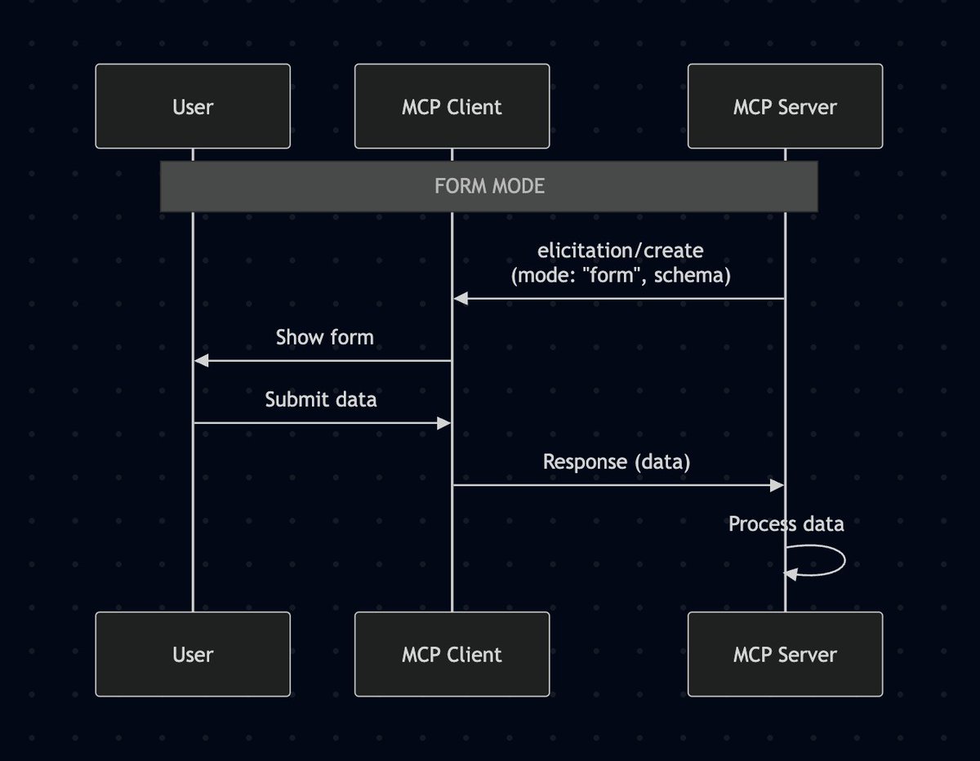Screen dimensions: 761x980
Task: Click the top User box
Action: pyautogui.click(x=193, y=106)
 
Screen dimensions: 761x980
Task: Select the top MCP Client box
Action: pyautogui.click(x=452, y=106)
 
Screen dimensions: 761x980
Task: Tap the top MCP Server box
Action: pyautogui.click(x=785, y=106)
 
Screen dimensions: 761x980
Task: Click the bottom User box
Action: pyautogui.click(x=193, y=654)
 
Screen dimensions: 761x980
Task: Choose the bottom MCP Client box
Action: pyautogui.click(x=452, y=654)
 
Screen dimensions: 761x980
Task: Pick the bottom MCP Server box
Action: pyautogui.click(x=785, y=654)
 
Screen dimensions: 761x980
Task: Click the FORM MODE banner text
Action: pyautogui.click(x=489, y=186)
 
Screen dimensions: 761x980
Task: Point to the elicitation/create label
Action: pyautogui.click(x=621, y=250)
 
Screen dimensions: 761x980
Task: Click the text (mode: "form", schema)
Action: pyautogui.click(x=621, y=275)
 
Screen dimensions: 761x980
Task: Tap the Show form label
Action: pyautogui.click(x=324, y=337)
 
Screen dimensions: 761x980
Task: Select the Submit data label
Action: pyautogui.click(x=321, y=399)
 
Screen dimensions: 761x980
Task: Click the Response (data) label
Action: pyautogui.click(x=617, y=461)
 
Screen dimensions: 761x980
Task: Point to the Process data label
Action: pyautogui.click(x=786, y=523)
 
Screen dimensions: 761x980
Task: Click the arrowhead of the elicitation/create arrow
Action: pyautogui.click(x=461, y=299)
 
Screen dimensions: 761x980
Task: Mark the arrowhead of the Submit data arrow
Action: pyautogui.click(x=443, y=423)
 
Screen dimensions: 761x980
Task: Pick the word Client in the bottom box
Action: pyautogui.click(x=474, y=654)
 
